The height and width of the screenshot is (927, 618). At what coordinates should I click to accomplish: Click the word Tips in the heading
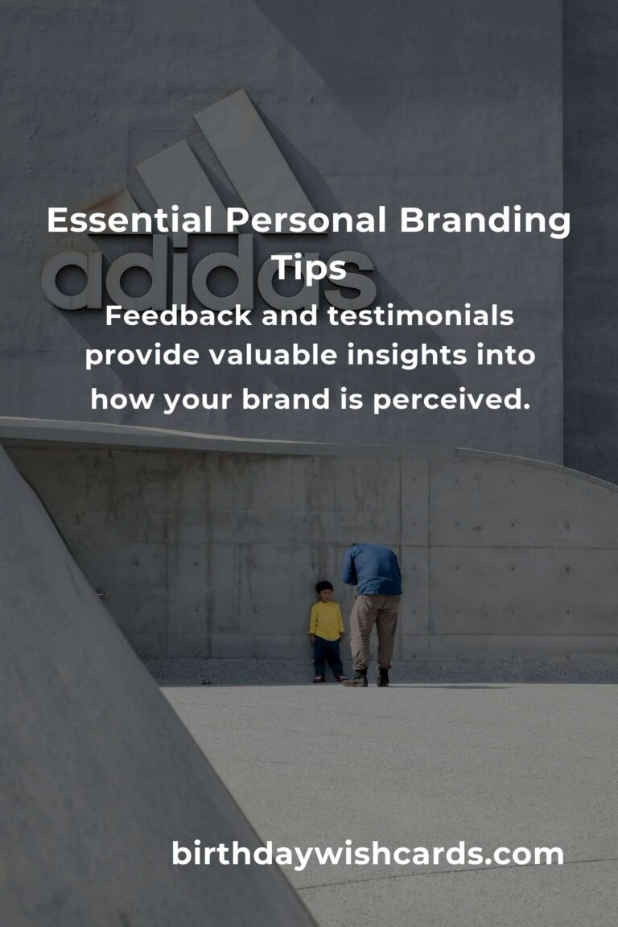click(310, 267)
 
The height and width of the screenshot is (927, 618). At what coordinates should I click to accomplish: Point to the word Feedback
click(177, 316)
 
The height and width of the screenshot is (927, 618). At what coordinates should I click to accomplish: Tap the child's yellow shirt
click(326, 620)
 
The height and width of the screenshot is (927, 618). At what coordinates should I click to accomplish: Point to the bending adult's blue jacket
click(373, 569)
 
